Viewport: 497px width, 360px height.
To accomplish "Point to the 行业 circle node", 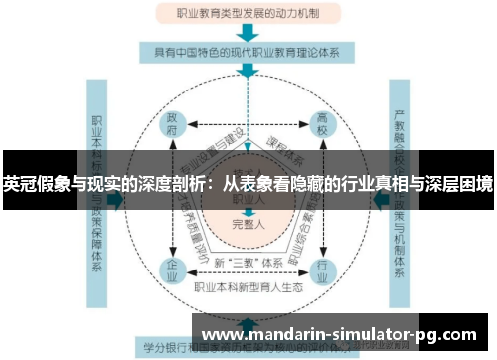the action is [324, 269].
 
